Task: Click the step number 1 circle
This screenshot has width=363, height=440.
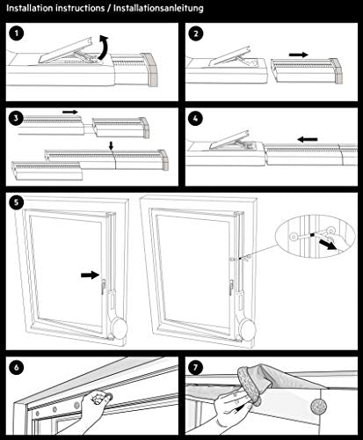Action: (x=17, y=33)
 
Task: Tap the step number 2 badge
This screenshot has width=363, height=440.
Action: (x=196, y=33)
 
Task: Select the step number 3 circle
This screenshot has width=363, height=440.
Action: (x=17, y=118)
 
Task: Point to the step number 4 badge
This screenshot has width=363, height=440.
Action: (x=196, y=119)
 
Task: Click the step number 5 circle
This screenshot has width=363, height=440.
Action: (x=17, y=202)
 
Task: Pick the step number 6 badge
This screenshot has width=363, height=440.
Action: (x=17, y=367)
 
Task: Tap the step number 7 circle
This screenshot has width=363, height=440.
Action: (x=196, y=367)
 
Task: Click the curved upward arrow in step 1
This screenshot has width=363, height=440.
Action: (x=104, y=47)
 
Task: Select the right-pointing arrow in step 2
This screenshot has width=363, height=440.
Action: (x=298, y=55)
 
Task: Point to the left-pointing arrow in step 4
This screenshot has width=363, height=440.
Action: (x=308, y=139)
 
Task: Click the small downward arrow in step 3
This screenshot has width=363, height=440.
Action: (x=111, y=146)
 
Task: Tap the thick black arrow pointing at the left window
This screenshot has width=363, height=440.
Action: (x=91, y=275)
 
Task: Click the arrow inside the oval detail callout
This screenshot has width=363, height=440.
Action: (x=328, y=245)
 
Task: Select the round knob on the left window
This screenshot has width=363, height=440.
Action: (x=120, y=327)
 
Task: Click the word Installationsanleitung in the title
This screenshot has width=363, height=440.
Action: (x=158, y=8)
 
